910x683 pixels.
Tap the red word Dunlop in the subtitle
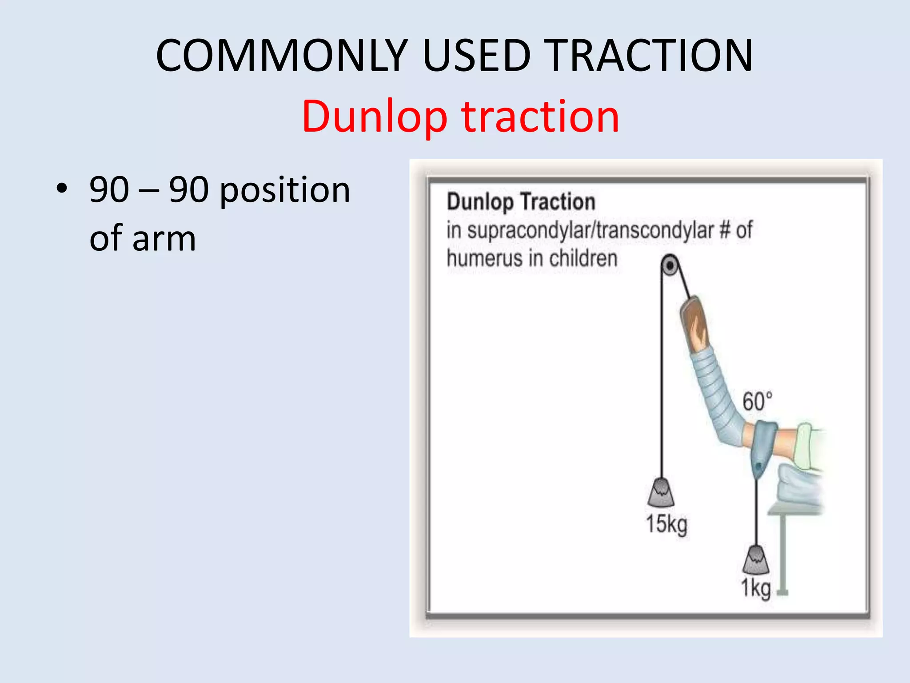click(x=374, y=117)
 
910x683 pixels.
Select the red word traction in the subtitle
click(x=540, y=117)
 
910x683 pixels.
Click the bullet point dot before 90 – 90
click(x=62, y=189)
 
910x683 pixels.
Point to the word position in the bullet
click(x=285, y=190)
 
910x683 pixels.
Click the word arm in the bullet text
click(x=164, y=239)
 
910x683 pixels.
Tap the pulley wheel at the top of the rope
click(x=670, y=266)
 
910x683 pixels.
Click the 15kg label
click(x=666, y=524)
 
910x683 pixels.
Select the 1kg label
click(x=755, y=588)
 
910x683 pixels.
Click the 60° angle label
click(x=757, y=402)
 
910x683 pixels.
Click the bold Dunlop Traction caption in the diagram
click(x=521, y=202)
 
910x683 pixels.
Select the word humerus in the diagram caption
click(x=484, y=258)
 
